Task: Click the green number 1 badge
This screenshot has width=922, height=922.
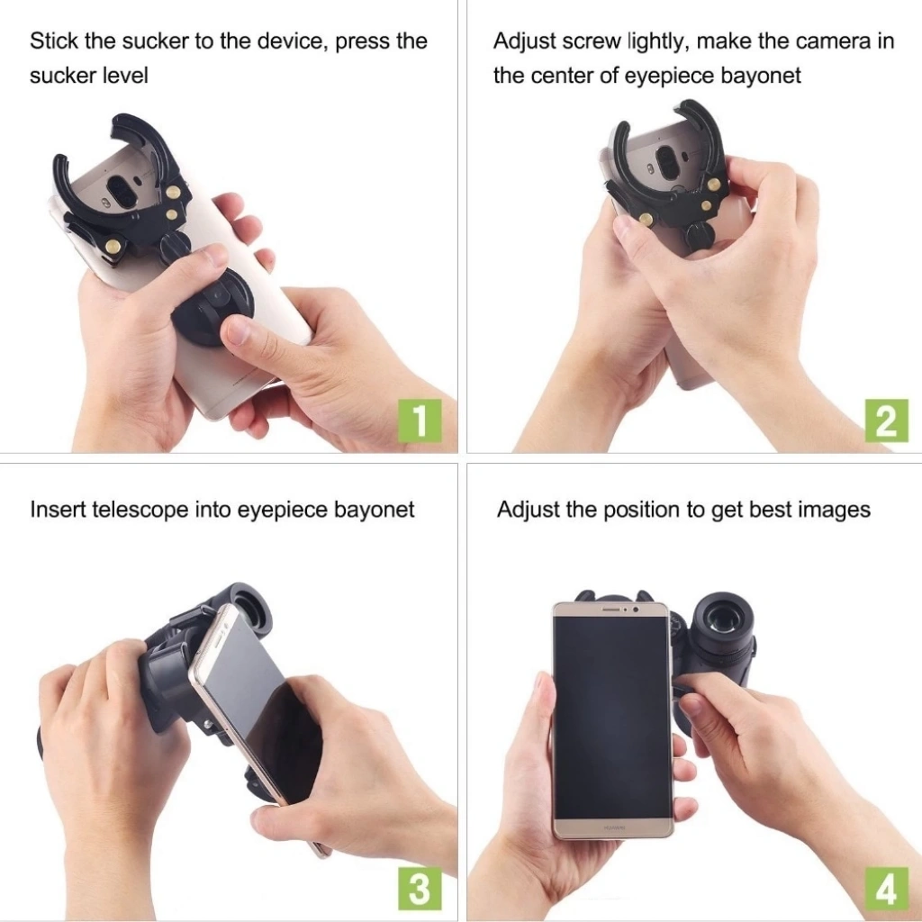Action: [x=420, y=420]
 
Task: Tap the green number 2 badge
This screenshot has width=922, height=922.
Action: [x=886, y=420]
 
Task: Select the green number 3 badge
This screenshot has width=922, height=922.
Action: [x=420, y=888]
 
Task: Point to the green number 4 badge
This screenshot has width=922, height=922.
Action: [x=886, y=888]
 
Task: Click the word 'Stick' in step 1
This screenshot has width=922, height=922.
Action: [x=53, y=41]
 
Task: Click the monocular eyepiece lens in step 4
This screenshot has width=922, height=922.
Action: [x=721, y=618]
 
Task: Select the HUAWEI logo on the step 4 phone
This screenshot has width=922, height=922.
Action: [x=614, y=828]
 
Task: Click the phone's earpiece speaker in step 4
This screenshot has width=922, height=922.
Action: [x=611, y=610]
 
